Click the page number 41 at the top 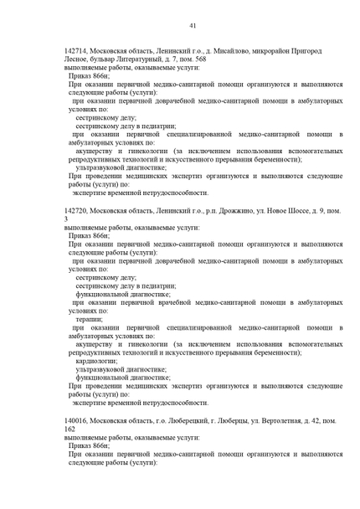tap(193, 26)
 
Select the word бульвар tap(111, 60)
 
